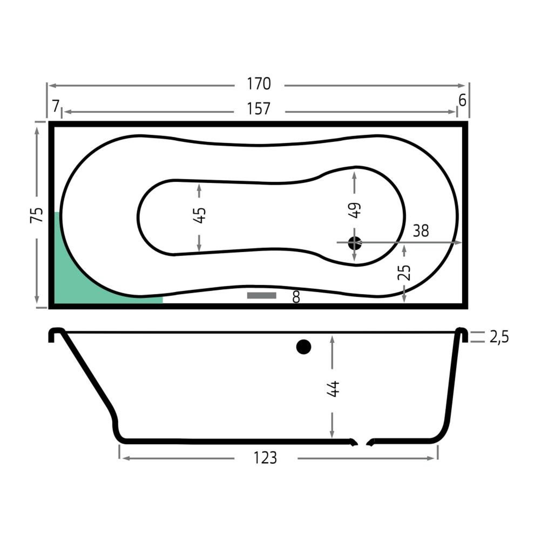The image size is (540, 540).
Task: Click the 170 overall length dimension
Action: coord(259,84)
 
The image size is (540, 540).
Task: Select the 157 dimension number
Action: coord(259,109)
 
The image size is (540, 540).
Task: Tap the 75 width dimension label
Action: coord(37,215)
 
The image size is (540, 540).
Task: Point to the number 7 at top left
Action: coord(56,106)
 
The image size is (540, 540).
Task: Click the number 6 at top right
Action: coord(462,101)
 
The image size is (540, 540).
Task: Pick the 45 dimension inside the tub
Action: coord(200,215)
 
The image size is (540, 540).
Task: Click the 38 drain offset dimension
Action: coord(421,231)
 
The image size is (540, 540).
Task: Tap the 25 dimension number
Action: coord(404,272)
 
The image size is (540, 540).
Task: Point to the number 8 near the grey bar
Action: coord(296,297)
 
